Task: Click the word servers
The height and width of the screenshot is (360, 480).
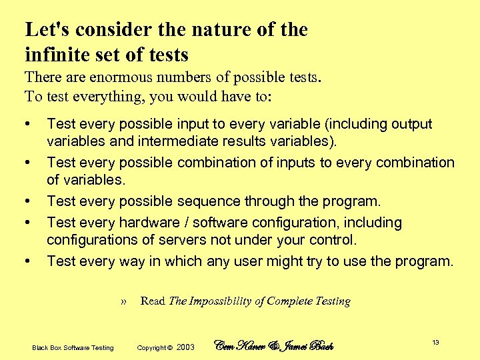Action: (177, 240)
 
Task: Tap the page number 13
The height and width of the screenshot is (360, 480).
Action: (435, 343)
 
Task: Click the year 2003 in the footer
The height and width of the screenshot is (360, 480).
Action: (186, 347)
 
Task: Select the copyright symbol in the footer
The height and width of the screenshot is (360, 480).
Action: (170, 347)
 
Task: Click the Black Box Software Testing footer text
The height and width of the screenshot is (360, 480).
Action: (73, 347)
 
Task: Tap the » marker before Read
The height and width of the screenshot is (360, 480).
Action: (124, 301)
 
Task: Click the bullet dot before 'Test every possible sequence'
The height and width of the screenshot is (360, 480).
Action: (27, 201)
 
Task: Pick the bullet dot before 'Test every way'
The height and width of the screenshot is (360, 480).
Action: (27, 261)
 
